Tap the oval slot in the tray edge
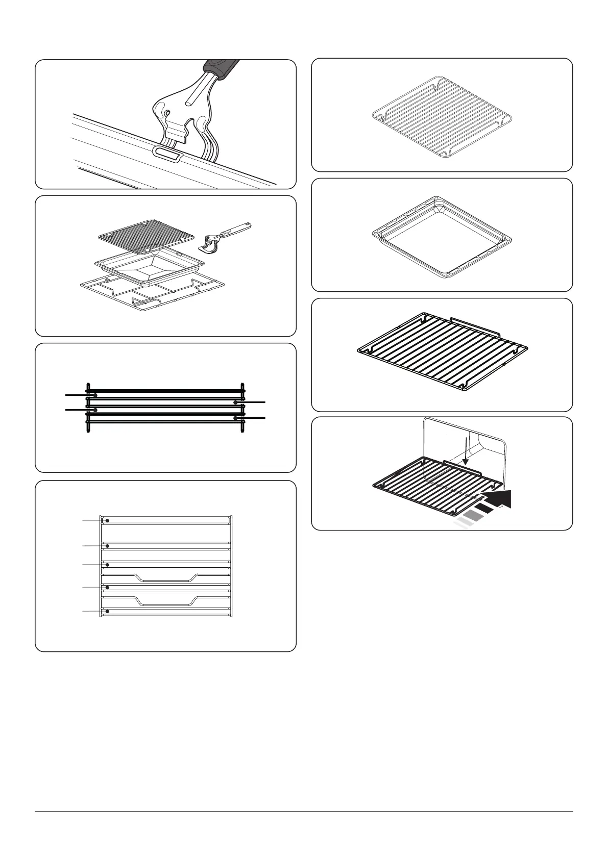(x=166, y=154)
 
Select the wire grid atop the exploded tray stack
(x=146, y=235)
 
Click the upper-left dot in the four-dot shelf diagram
(x=95, y=395)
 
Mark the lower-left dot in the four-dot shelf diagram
(x=95, y=410)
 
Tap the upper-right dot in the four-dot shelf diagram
(x=235, y=402)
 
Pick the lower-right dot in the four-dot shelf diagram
(x=235, y=418)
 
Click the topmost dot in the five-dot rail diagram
(x=107, y=520)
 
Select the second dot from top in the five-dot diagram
(x=107, y=546)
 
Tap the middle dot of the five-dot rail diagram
(x=107, y=565)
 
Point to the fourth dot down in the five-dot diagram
(x=107, y=588)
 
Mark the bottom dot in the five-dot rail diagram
(x=107, y=611)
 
